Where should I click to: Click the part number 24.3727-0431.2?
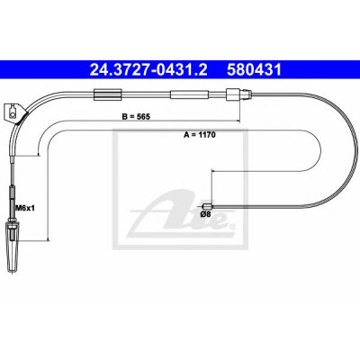pyautogui.click(x=148, y=70)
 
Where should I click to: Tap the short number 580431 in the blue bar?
pyautogui.click(x=254, y=70)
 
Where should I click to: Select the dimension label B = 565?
pyautogui.click(x=136, y=117)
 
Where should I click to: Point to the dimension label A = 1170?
pyautogui.click(x=200, y=135)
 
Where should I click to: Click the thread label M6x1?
pyautogui.click(x=25, y=207)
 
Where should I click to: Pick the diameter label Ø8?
pyautogui.click(x=206, y=214)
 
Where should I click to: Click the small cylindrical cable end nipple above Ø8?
pyautogui.click(x=208, y=206)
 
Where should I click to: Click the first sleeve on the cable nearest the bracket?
pyautogui.click(x=108, y=94)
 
